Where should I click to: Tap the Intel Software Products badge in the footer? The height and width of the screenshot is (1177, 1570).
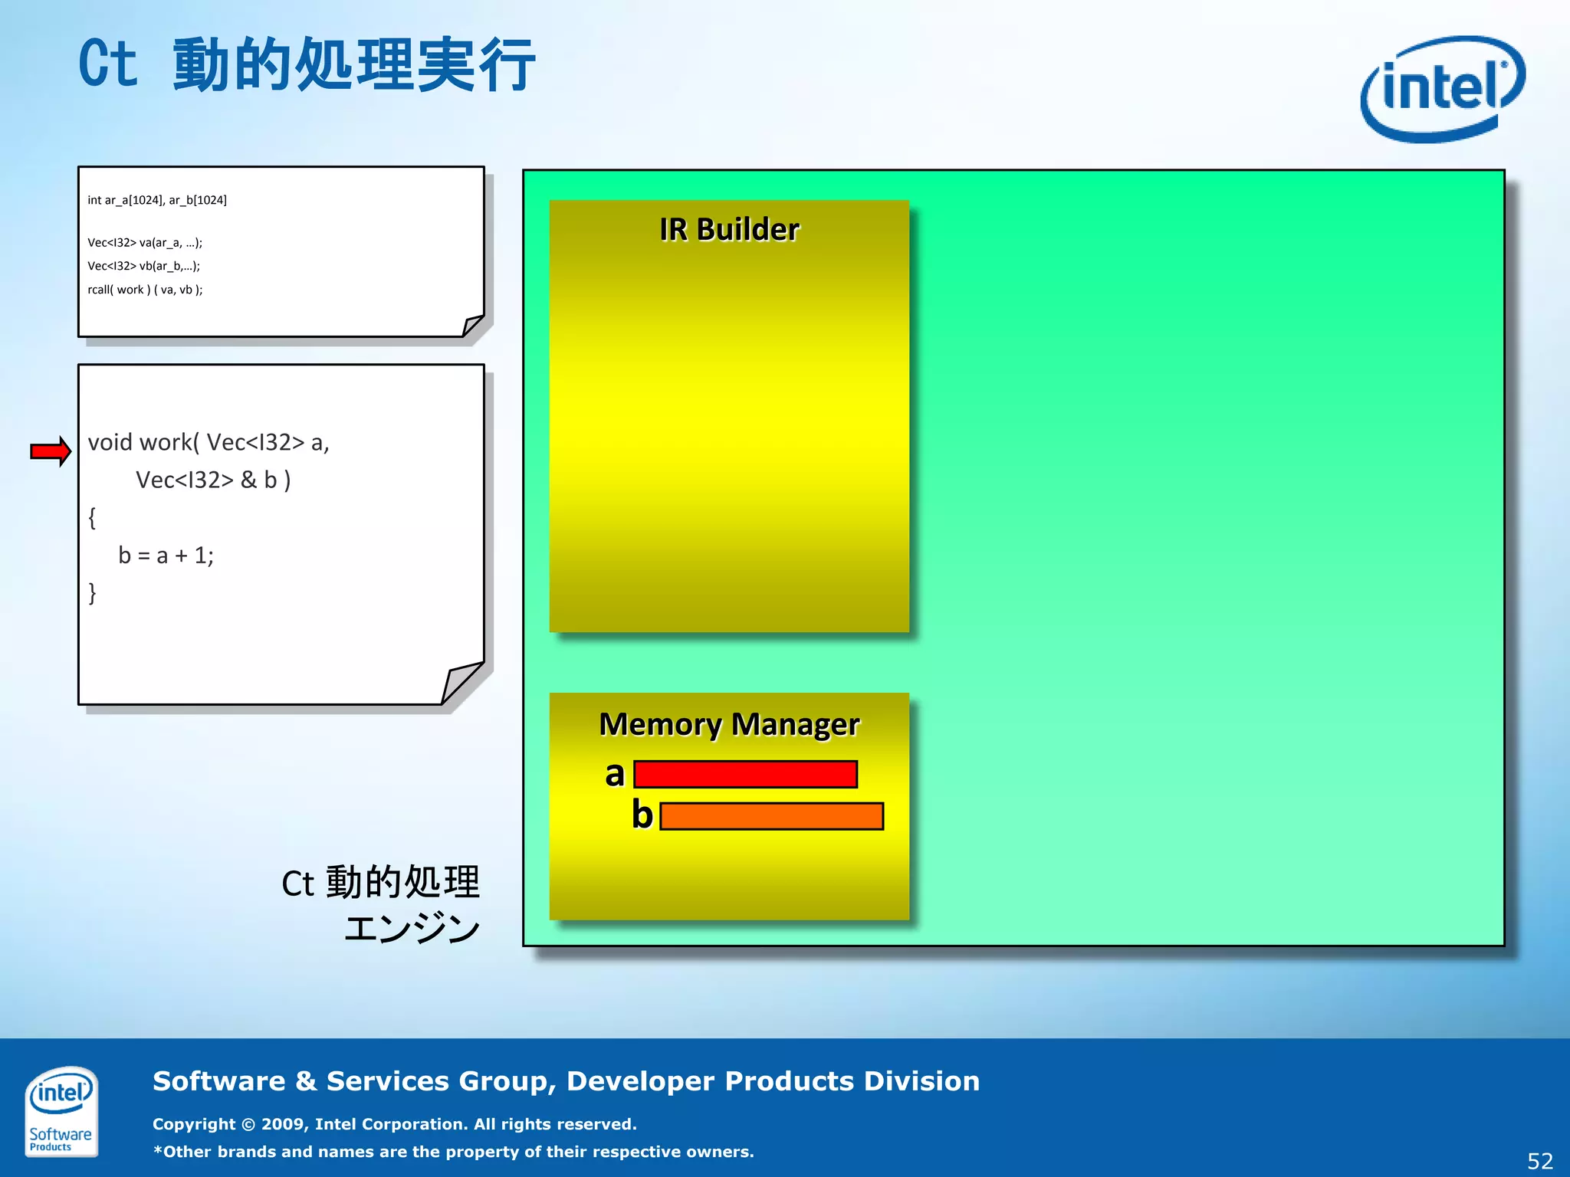click(x=61, y=1110)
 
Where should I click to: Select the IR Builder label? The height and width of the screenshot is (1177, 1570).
click(x=729, y=229)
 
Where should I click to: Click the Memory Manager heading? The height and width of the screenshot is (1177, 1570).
click(x=729, y=724)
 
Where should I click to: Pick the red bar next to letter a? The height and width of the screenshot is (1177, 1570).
click(x=745, y=774)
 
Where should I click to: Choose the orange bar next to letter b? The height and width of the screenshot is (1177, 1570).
click(x=771, y=816)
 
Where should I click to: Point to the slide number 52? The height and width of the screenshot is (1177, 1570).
click(x=1539, y=1161)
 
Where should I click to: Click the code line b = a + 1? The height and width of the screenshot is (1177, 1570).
click(x=166, y=556)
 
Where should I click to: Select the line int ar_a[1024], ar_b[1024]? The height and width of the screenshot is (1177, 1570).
click(x=157, y=200)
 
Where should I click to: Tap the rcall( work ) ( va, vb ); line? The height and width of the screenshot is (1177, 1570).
click(x=145, y=290)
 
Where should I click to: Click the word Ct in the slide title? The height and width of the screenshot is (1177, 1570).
click(x=108, y=64)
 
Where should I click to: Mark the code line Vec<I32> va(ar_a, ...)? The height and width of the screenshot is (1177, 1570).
click(x=145, y=243)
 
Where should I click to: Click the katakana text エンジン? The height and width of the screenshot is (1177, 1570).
click(x=412, y=928)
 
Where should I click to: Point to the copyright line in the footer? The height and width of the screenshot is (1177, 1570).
click(x=395, y=1124)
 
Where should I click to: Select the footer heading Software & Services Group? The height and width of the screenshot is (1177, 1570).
click(x=566, y=1081)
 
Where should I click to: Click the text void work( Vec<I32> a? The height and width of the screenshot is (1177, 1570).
click(x=209, y=443)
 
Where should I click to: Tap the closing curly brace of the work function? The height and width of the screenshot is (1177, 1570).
click(x=93, y=592)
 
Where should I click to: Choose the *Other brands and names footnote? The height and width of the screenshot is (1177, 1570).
click(x=453, y=1152)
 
